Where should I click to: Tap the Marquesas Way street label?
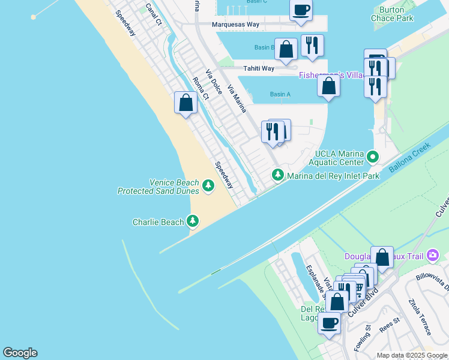[235, 25]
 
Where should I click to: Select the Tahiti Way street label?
[259, 68]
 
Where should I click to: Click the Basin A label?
[280, 94]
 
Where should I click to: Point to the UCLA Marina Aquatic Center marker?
[373, 157]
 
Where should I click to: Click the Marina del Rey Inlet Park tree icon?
[277, 175]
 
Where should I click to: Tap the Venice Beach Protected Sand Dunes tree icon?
[208, 186]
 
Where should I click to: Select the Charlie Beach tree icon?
[193, 221]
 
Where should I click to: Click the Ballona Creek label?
[409, 158]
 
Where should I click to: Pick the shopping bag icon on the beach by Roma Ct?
[186, 103]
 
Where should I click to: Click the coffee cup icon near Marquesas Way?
[301, 10]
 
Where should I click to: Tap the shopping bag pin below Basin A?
[328, 86]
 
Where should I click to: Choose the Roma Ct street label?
[200, 88]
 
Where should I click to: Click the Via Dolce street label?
[214, 82]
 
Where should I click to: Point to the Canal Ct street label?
[154, 14]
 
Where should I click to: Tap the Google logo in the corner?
[20, 353]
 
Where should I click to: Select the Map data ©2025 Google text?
[412, 355]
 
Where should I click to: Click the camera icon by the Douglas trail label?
[433, 256]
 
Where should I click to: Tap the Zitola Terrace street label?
[420, 317]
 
